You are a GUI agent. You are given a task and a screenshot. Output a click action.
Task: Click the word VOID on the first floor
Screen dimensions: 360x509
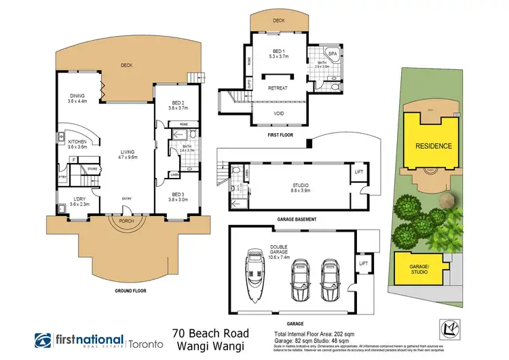[278, 114]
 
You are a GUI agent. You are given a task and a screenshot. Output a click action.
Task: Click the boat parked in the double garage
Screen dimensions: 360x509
[257, 277]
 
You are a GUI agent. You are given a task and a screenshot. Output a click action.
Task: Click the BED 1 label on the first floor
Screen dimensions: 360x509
[278, 54]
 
